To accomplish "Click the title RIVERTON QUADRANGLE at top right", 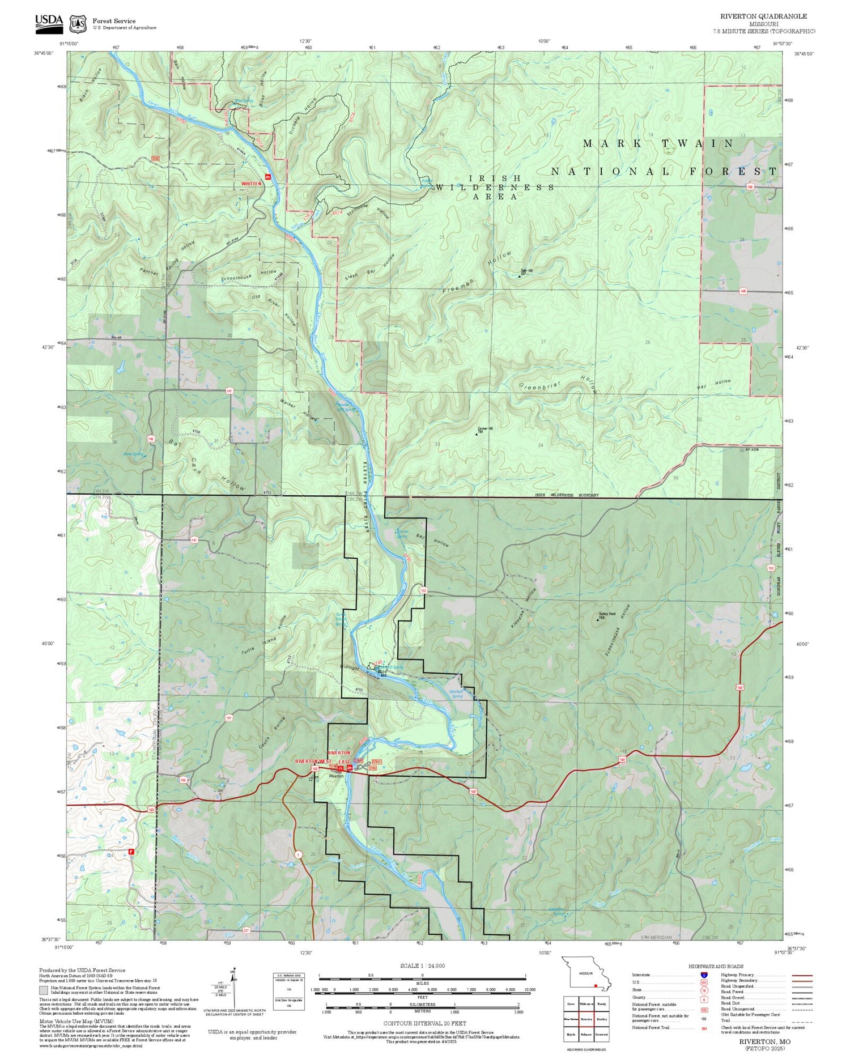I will pyautogui.click(x=763, y=16).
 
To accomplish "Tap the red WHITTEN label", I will pyautogui.click(x=252, y=184).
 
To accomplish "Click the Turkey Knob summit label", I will pyautogui.click(x=605, y=615).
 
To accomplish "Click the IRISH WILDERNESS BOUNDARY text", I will pyautogui.click(x=567, y=495).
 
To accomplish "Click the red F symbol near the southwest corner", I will pyautogui.click(x=131, y=851).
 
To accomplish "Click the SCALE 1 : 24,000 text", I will pyautogui.click(x=422, y=966).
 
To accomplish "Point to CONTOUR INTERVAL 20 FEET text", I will pyautogui.click(x=424, y=1023).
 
